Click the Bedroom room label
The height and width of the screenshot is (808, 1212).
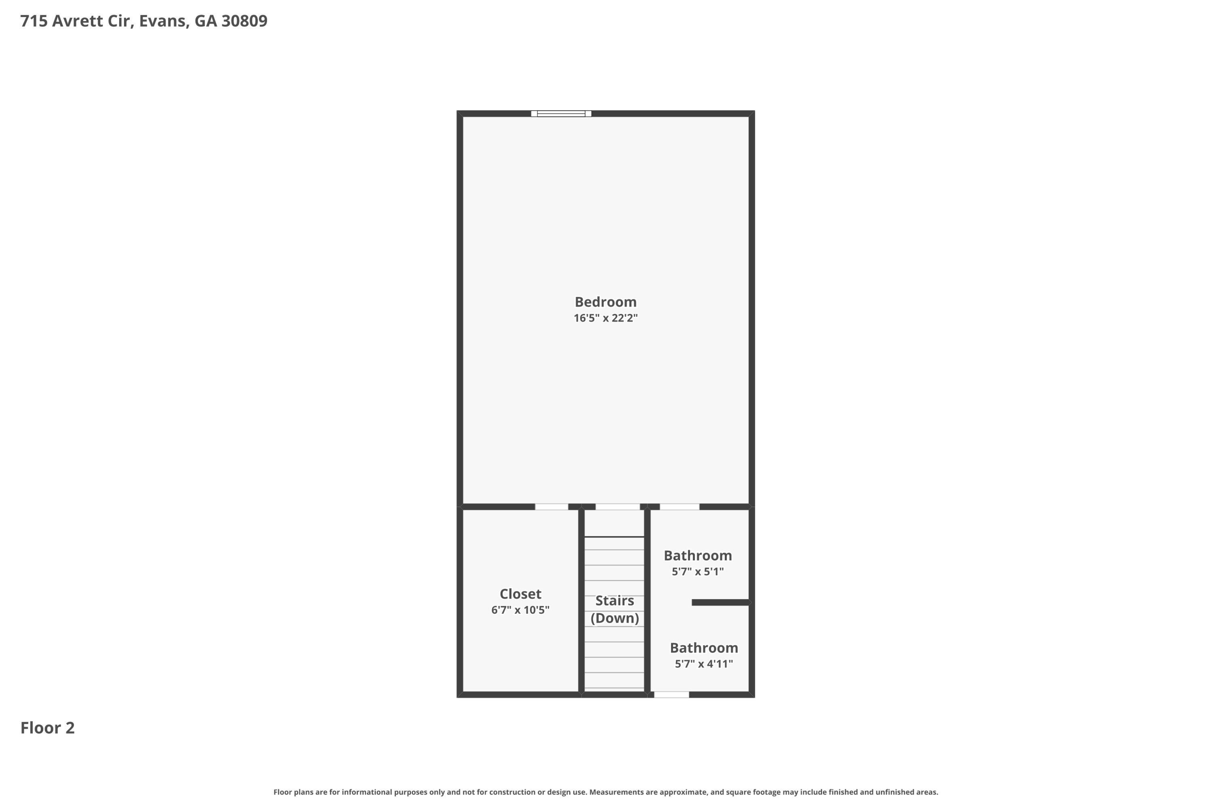tap(606, 302)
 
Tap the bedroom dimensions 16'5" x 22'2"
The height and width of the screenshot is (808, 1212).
tap(606, 318)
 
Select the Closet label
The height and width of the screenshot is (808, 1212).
tap(520, 594)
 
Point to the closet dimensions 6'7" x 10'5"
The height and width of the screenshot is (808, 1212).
tap(520, 610)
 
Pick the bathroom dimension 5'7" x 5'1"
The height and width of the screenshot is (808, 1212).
tap(698, 572)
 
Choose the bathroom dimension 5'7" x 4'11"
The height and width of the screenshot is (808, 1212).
tap(703, 664)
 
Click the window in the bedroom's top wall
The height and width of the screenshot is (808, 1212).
tap(561, 114)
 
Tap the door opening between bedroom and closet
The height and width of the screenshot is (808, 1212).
tap(551, 507)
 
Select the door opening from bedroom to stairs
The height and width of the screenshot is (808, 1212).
tap(617, 507)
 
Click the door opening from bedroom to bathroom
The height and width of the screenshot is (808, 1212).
tap(679, 507)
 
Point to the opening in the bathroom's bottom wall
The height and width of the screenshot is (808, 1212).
tap(671, 694)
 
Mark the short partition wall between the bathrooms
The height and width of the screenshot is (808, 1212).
tap(720, 602)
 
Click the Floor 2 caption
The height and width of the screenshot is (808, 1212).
tap(47, 728)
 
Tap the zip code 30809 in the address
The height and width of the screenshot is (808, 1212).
tap(244, 21)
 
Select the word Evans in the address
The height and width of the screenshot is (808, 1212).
tap(162, 21)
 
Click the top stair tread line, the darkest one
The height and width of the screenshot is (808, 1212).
tap(614, 537)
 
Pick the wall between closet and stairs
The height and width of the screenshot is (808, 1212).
tap(581, 600)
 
